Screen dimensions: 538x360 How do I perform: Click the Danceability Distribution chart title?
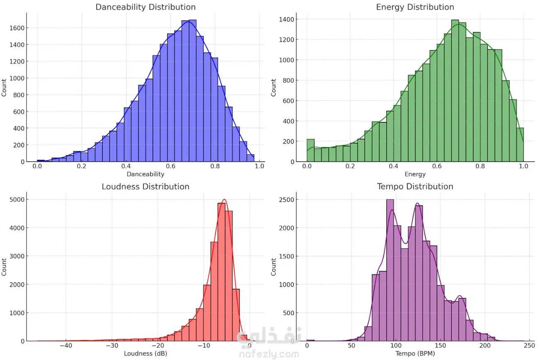[x=145, y=7]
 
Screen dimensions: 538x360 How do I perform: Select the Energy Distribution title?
[x=415, y=7]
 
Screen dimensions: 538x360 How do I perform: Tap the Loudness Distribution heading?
[x=145, y=187]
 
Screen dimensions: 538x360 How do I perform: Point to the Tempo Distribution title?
[x=415, y=187]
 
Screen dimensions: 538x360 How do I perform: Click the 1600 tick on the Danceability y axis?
[x=17, y=28]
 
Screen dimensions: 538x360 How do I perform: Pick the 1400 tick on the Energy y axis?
[x=286, y=19]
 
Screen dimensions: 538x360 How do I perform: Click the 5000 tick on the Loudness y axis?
[x=17, y=199]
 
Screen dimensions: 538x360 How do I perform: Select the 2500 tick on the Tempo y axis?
[x=286, y=200]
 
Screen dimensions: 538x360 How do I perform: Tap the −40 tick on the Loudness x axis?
[x=66, y=345]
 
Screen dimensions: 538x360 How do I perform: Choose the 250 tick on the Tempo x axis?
[x=529, y=345]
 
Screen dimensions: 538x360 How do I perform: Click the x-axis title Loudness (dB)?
[x=145, y=353]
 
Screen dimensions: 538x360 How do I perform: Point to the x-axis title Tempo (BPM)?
[x=415, y=353]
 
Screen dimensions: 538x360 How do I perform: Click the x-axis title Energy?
[x=415, y=174]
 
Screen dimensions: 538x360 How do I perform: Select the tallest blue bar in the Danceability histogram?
[x=193, y=90]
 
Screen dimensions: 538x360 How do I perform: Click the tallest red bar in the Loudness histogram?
[x=221, y=272]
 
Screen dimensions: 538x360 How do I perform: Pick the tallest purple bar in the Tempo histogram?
[x=390, y=270]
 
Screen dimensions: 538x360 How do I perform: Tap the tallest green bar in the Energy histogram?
[x=455, y=90]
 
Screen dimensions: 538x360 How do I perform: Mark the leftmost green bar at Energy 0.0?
[x=310, y=151]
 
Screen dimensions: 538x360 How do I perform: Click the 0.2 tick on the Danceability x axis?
[x=82, y=166]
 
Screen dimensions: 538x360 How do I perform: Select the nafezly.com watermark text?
[x=269, y=354]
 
